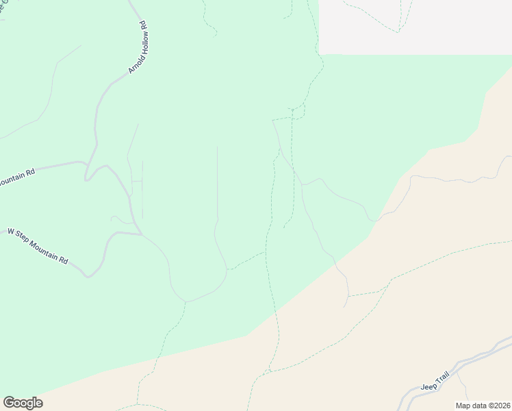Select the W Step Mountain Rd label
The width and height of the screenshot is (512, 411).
[38, 247]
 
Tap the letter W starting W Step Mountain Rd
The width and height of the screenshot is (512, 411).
[10, 232]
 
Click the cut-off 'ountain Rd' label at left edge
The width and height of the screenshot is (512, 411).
[16, 177]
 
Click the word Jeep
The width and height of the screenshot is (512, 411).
[428, 387]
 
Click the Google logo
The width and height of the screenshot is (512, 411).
[23, 403]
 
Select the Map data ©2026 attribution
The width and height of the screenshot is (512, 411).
[483, 406]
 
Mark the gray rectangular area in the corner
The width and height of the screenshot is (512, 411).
[415, 27]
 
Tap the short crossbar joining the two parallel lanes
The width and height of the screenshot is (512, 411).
[136, 181]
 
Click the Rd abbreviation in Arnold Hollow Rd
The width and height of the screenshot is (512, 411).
[144, 26]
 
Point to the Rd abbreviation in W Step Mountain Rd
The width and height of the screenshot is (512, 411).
[64, 260]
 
